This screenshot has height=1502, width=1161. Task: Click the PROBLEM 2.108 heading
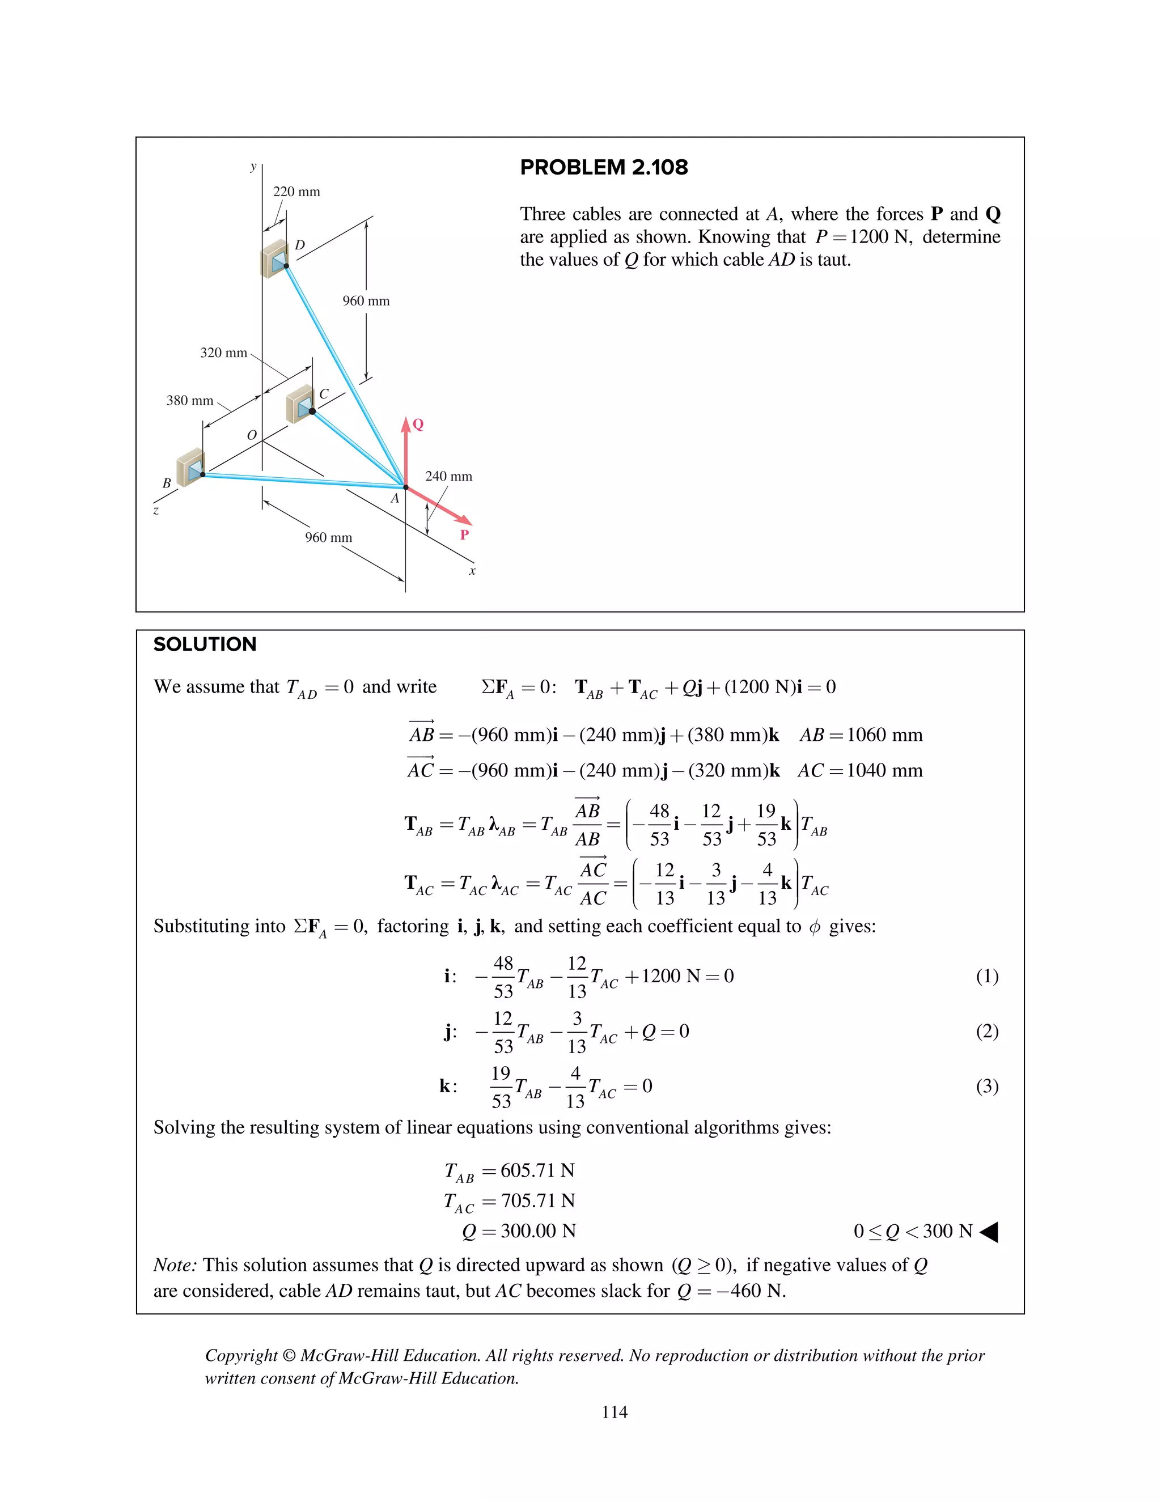[603, 167]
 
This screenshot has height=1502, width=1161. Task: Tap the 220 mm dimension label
[296, 192]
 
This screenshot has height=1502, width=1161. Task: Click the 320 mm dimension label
[223, 353]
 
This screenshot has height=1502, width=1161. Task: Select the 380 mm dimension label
[190, 400]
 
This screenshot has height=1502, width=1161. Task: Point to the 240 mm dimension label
[448, 476]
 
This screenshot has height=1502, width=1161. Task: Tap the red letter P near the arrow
[464, 534]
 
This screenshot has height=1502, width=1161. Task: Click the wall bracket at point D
[274, 259]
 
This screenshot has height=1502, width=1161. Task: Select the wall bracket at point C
[300, 404]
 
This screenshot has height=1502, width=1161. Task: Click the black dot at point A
[406, 487]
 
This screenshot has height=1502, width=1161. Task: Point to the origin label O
[252, 435]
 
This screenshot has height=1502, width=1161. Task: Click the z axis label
[156, 510]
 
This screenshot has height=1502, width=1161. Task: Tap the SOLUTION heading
[205, 644]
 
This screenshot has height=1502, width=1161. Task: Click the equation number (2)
[987, 1031]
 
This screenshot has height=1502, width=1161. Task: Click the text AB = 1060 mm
[861, 735]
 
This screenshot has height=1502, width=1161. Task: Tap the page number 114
[614, 1412]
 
